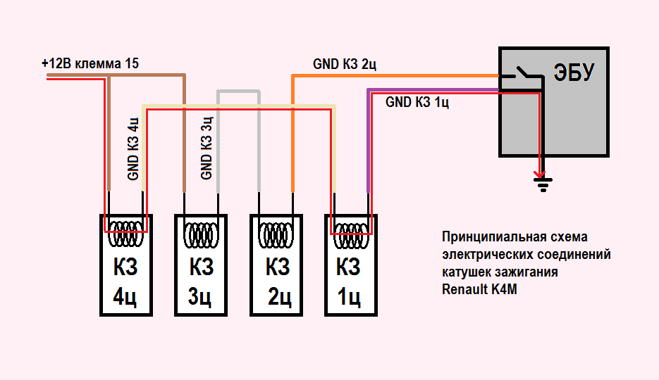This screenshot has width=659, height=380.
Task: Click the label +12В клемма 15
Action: click(x=90, y=63)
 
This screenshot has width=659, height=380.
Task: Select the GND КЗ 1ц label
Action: click(x=418, y=102)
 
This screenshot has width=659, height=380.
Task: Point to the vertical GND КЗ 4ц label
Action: click(x=133, y=149)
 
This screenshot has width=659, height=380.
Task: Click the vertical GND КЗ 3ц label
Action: click(x=207, y=149)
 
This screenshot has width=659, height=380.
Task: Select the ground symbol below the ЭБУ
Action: click(x=542, y=185)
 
